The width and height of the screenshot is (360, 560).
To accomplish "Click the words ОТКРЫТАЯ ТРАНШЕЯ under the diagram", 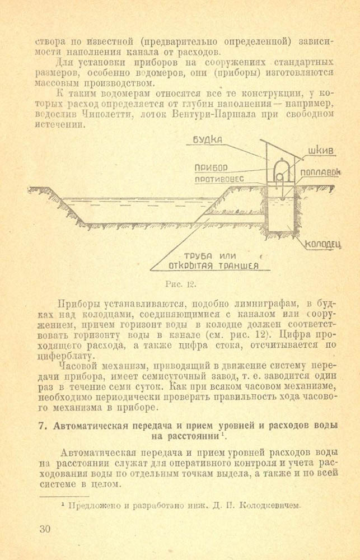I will pos(214,266).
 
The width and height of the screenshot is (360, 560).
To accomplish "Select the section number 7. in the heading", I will pos(43,425).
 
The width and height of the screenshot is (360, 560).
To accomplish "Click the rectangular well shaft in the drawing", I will pos(280,213).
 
